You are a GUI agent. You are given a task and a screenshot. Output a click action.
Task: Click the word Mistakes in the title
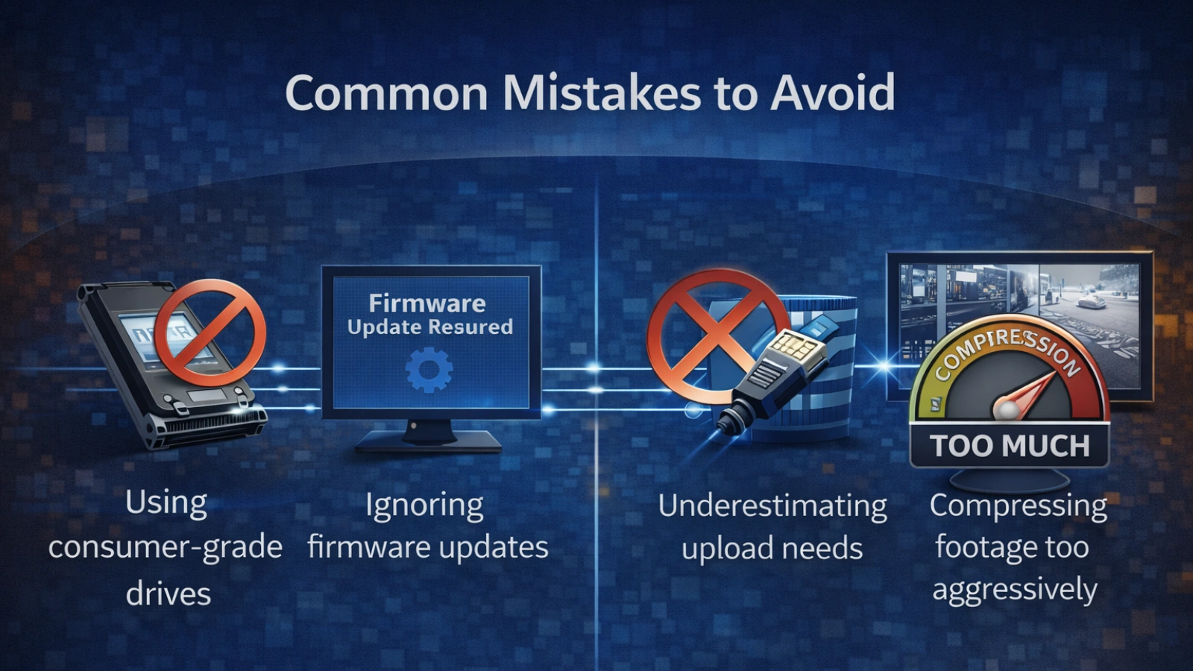pyautogui.click(x=601, y=93)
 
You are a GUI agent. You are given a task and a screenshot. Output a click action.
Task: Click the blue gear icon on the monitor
pyautogui.click(x=429, y=370)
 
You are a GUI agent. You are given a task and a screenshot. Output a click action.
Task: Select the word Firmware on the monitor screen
pyautogui.click(x=427, y=303)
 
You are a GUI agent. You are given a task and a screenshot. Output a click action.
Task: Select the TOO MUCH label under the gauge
pyautogui.click(x=1010, y=446)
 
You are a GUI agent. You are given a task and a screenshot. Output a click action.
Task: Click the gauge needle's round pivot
pyautogui.click(x=1006, y=409)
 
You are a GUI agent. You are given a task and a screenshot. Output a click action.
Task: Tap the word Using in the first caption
pyautogui.click(x=166, y=503)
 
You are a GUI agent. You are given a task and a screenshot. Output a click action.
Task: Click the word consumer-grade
pyautogui.click(x=165, y=547)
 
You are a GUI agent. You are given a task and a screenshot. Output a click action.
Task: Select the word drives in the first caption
pyautogui.click(x=168, y=593)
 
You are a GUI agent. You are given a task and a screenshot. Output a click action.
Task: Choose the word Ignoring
pyautogui.click(x=424, y=505)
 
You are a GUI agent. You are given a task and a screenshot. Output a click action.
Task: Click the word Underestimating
pyautogui.click(x=772, y=505)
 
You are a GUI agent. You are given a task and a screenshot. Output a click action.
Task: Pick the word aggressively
pyautogui.click(x=1014, y=590)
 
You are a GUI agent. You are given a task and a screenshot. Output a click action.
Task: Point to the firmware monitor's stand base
pyautogui.click(x=427, y=444)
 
